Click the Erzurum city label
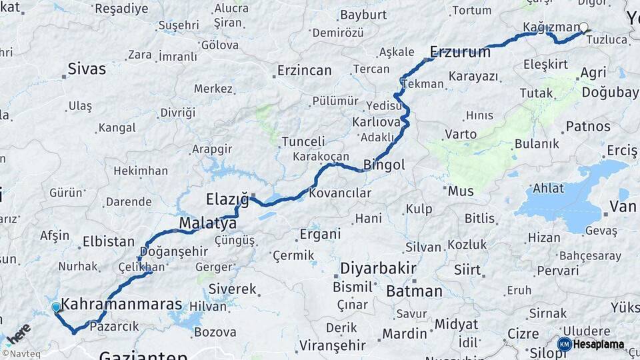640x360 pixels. coord(460,52)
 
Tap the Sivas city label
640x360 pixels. coord(87,69)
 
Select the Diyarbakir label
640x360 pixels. coord(378,269)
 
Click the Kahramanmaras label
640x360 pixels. coord(121,305)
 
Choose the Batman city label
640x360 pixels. coord(414,291)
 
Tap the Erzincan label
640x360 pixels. coord(304,71)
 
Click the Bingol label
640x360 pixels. coord(384,165)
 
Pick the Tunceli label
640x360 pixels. coord(303,142)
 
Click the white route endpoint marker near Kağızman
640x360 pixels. coord(583,27)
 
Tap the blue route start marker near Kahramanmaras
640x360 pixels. coord(56,307)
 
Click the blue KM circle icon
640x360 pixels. coord(564,344)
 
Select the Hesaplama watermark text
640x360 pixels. coord(599,345)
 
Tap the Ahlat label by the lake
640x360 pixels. coord(548,189)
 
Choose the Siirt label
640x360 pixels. coord(467,270)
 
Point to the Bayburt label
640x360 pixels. coord(363,15)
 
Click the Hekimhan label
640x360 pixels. coord(140,171)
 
